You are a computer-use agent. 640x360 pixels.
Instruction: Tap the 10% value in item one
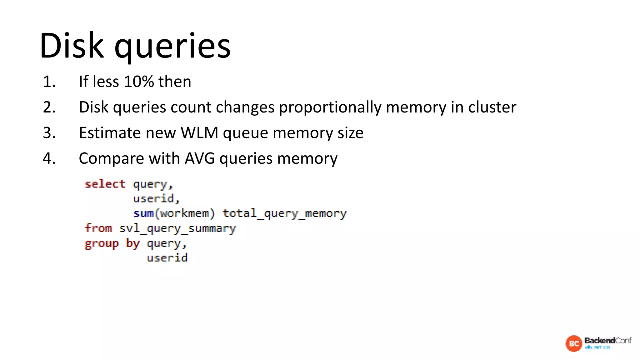click(x=139, y=82)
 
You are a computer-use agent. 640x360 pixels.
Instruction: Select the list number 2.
click(x=49, y=107)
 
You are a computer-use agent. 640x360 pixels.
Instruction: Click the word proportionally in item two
click(x=330, y=108)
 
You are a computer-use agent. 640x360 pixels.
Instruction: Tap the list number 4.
click(x=49, y=158)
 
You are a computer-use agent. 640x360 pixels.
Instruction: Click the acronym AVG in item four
click(x=200, y=158)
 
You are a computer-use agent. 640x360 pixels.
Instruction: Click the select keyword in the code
click(x=105, y=184)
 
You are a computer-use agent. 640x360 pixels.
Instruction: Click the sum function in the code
click(x=143, y=213)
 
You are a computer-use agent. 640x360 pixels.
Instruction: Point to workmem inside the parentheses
click(x=184, y=213)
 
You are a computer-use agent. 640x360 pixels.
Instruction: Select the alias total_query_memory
click(x=284, y=214)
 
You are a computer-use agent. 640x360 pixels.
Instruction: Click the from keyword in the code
click(x=98, y=228)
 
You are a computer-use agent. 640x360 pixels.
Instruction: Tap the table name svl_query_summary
click(x=177, y=229)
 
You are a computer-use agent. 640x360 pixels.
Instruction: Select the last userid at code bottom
click(x=167, y=258)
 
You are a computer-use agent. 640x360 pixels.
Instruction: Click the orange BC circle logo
click(x=574, y=344)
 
